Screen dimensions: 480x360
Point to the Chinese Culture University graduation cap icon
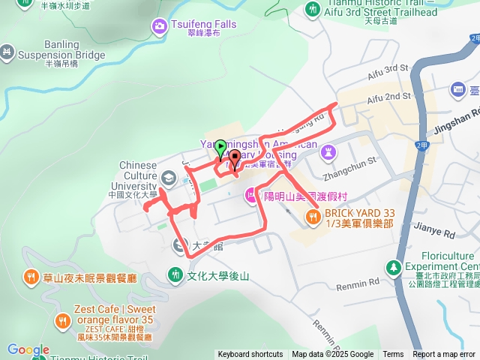point(169,178)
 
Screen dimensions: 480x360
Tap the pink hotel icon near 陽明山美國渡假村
point(250,196)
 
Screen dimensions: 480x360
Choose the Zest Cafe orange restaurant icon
point(62,321)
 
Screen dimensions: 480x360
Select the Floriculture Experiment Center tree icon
point(393,266)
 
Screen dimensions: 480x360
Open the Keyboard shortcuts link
point(250,355)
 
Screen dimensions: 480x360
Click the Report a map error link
point(445,355)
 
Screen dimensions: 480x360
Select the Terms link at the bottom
point(393,355)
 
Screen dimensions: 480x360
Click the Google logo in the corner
point(28,350)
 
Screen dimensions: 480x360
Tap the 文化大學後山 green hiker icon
point(175,275)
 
